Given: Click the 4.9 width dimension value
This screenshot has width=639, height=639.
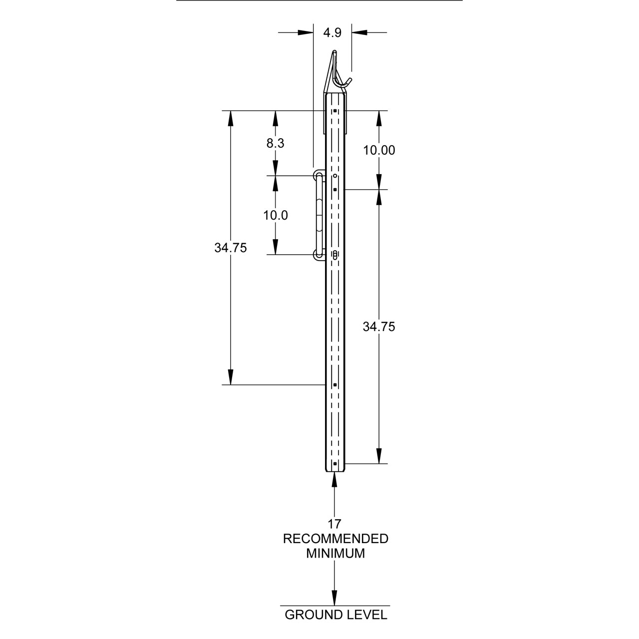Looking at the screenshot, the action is point(332,33).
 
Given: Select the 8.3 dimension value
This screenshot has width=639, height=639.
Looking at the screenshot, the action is point(275,143).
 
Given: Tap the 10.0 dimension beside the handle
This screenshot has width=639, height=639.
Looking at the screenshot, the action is point(275,215).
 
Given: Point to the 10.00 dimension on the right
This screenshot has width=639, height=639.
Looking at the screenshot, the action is point(379,150).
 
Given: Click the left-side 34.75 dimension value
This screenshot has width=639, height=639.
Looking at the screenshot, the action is point(231,248).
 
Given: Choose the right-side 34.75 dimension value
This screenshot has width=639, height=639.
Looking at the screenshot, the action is point(379,326).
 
